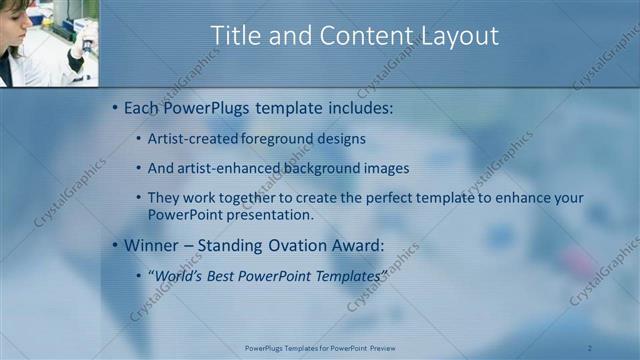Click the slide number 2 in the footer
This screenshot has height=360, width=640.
coord(590,348)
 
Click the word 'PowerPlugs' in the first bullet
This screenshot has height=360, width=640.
coord(208,107)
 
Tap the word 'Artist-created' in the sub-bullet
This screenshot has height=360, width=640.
coord(191,139)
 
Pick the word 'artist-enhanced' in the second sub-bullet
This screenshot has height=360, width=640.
coord(228,168)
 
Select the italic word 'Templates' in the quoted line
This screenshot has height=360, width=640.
coord(346,274)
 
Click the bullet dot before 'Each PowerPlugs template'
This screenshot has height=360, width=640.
coord(115,107)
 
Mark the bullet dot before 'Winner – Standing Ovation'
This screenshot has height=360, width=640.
coord(115,245)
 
